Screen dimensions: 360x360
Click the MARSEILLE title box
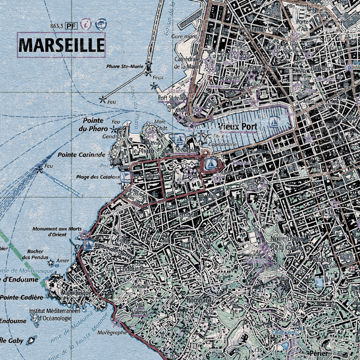click(x=61, y=45)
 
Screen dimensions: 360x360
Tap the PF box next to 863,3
click(x=71, y=26)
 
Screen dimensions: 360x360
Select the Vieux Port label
click(x=238, y=127)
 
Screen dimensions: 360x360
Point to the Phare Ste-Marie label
click(x=125, y=67)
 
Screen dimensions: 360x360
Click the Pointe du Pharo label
click(x=93, y=125)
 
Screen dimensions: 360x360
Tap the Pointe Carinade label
click(x=81, y=155)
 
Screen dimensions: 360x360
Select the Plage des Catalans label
click(x=98, y=177)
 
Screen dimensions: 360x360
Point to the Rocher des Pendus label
click(x=35, y=254)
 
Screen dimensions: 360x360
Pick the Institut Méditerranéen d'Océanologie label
click(x=55, y=314)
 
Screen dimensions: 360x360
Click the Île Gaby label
click(x=12, y=341)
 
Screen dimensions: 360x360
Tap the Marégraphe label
click(x=112, y=333)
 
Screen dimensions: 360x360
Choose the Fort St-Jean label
click(x=172, y=98)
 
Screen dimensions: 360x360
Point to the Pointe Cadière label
click(x=22, y=297)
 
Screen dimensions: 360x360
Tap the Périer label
click(x=318, y=353)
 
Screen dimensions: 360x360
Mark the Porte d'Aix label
click(x=302, y=25)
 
